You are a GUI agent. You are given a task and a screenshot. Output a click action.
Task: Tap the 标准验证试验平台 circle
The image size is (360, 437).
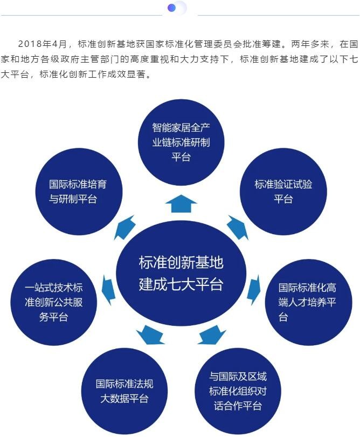point(283,191)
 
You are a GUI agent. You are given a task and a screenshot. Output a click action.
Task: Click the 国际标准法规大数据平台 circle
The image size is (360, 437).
point(124,391)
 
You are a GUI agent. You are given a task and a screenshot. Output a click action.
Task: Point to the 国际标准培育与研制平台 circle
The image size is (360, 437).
point(78,191)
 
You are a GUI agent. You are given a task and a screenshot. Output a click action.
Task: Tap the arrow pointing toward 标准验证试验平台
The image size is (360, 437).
point(237,227)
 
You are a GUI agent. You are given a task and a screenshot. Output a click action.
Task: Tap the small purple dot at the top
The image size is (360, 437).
point(172,8)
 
